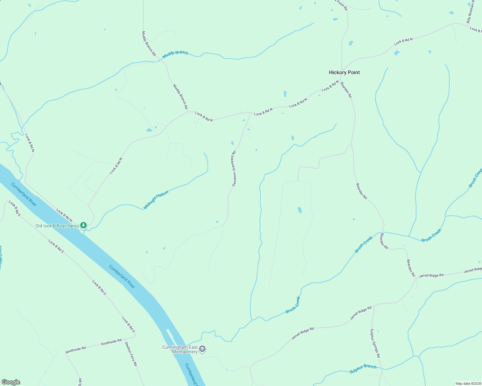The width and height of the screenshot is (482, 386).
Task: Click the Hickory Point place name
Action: (x=344, y=72)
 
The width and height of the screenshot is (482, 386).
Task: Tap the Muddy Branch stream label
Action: (x=175, y=54)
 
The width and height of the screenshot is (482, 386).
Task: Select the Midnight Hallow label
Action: (x=156, y=200)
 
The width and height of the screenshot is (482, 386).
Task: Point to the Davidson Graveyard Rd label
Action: (x=234, y=168)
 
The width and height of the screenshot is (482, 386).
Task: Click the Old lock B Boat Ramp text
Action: (x=57, y=226)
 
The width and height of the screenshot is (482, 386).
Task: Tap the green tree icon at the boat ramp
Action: (x=83, y=225)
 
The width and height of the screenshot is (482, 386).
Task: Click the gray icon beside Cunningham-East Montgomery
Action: (x=202, y=349)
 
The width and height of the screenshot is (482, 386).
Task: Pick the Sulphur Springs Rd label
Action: (x=375, y=343)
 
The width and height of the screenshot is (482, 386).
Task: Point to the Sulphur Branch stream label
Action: (x=363, y=369)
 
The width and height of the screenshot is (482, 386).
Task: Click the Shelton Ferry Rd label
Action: (x=131, y=354)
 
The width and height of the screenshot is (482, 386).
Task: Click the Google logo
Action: (x=11, y=382)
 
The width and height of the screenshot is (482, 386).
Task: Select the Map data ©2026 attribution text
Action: (x=468, y=383)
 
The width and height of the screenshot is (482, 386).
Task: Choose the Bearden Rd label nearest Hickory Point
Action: (x=346, y=89)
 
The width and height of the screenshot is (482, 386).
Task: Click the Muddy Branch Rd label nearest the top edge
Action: (x=149, y=43)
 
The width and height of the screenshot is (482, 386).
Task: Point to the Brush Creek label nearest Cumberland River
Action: (x=293, y=305)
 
